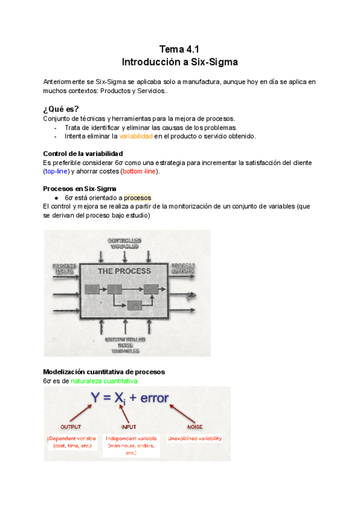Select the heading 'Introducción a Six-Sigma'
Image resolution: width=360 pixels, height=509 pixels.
[x=179, y=62]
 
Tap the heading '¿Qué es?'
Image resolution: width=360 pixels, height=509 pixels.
[x=61, y=109]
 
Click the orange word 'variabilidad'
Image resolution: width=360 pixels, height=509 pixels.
[x=136, y=136]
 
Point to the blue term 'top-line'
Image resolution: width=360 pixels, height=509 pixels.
[x=58, y=172]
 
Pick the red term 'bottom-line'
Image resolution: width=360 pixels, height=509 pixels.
[x=140, y=172]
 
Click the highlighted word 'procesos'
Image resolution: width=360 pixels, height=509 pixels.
[x=138, y=197]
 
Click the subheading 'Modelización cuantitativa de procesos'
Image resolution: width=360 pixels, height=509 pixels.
[x=104, y=372]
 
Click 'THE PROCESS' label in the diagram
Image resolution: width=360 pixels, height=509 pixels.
[x=124, y=271]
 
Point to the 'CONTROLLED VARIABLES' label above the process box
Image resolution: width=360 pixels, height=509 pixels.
[x=124, y=243]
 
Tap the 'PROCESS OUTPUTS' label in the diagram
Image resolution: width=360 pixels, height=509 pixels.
[x=182, y=268]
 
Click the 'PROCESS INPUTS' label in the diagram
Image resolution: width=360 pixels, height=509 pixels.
[x=64, y=268]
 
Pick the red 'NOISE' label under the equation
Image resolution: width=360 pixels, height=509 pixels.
[x=195, y=427]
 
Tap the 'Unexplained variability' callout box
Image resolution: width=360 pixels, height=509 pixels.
[x=195, y=439]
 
